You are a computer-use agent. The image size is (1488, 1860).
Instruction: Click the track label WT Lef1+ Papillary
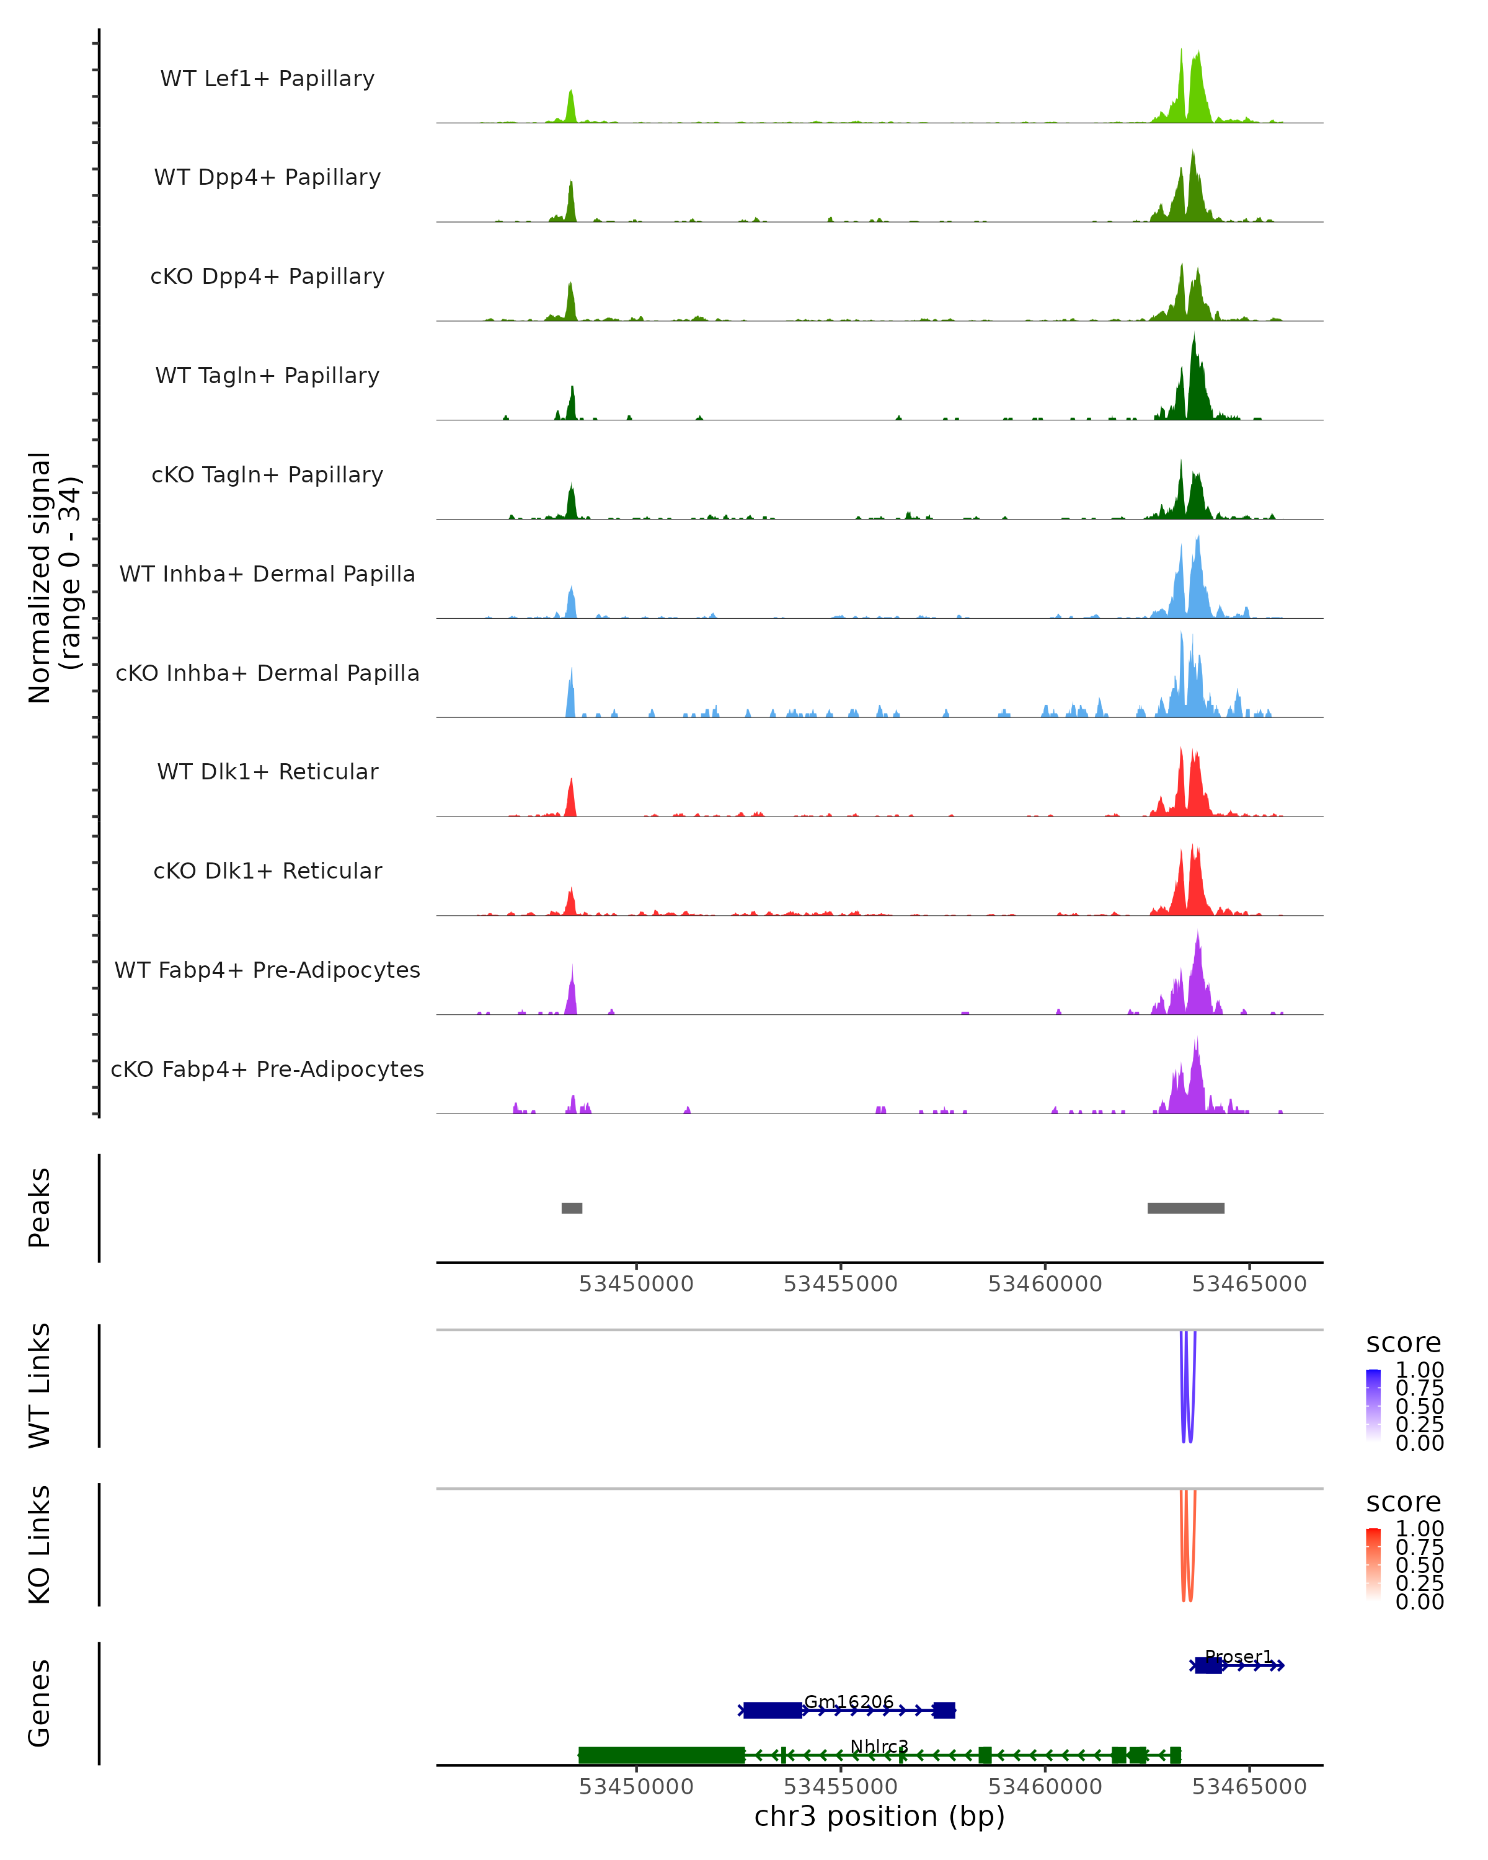coord(267,79)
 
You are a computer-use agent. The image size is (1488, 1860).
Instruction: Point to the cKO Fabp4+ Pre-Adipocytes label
coord(267,1069)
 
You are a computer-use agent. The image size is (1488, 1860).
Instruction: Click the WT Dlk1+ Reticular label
coord(267,771)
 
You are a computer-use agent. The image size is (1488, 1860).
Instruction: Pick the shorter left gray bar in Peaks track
coord(572,1208)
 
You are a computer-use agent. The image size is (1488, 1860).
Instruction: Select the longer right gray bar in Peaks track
coord(1185,1208)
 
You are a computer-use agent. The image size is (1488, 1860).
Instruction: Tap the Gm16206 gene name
coord(849,1701)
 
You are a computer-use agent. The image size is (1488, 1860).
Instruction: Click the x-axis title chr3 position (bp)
coord(879,1817)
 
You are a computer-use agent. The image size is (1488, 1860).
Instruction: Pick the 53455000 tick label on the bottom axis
coord(840,1787)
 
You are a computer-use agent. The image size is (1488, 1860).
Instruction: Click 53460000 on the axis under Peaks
coord(1045,1284)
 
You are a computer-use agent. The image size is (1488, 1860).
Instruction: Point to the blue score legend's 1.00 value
coord(1419,1370)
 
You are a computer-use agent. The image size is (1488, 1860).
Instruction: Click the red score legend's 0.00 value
coord(1419,1602)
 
